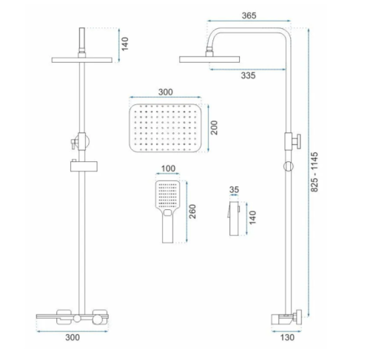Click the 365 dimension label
coord(249,16)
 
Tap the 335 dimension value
coord(248,75)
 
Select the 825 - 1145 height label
coord(314,172)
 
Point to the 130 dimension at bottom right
coord(287,337)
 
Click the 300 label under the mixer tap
coord(73,337)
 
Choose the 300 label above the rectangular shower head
coord(166,92)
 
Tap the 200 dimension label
coord(214,128)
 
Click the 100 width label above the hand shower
coord(168,169)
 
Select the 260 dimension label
coord(192,211)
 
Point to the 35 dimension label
coord(234,190)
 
